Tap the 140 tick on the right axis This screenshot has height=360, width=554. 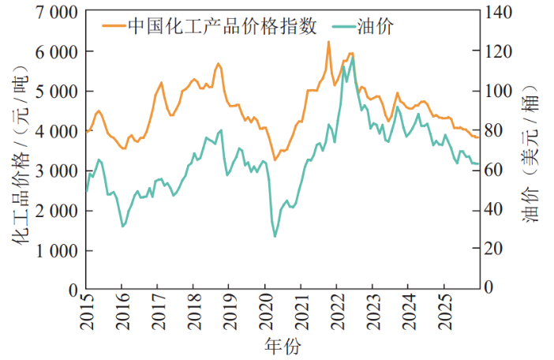499,12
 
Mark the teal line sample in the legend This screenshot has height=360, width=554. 336,27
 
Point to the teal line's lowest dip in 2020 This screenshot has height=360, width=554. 275,236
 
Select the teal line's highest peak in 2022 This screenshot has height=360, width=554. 352,57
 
